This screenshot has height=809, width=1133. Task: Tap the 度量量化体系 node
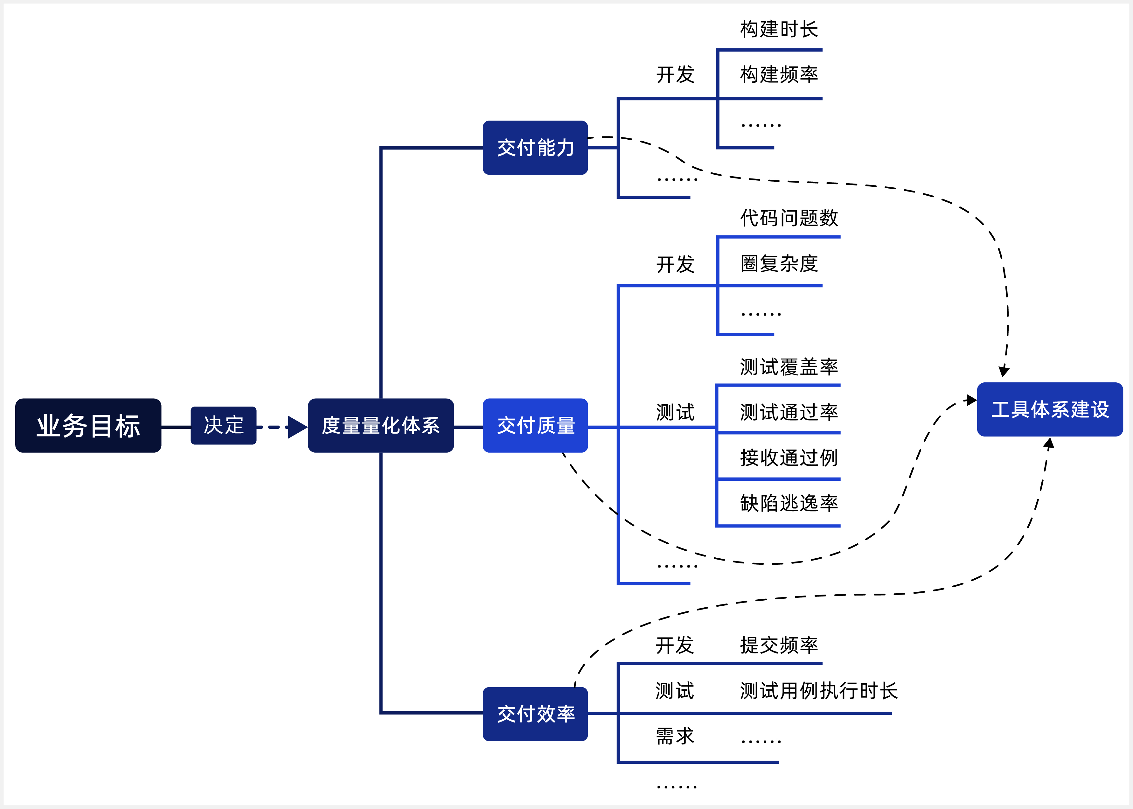point(380,425)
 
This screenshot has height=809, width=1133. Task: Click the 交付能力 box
point(535,148)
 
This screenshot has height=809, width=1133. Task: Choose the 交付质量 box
point(535,425)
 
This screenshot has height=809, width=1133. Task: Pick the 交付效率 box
point(535,714)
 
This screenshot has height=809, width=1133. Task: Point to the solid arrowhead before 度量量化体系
point(297,427)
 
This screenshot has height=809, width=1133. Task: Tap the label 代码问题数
point(789,218)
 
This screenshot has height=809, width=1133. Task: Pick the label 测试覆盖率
point(789,366)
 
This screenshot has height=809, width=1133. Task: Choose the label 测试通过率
point(789,412)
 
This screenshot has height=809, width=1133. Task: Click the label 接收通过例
point(789,457)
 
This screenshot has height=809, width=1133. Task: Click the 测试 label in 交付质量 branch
point(675,412)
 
